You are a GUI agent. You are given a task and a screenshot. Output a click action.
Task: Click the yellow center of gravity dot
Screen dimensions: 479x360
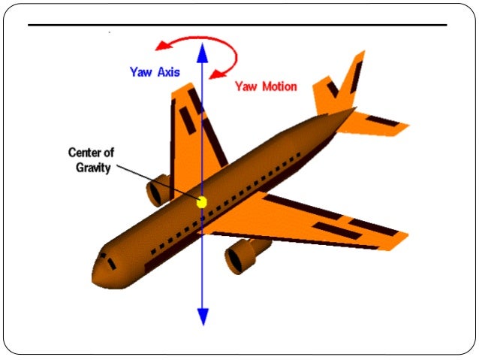click(x=201, y=201)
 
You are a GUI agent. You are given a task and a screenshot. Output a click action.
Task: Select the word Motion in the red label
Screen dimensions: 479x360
click(x=278, y=86)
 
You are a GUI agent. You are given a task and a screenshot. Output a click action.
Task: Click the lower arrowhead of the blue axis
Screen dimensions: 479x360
click(x=201, y=317)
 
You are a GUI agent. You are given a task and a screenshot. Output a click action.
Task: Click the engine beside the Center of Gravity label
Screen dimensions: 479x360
click(x=158, y=191)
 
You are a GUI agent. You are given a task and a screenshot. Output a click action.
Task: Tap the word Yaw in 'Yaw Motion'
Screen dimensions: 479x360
click(x=246, y=86)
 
